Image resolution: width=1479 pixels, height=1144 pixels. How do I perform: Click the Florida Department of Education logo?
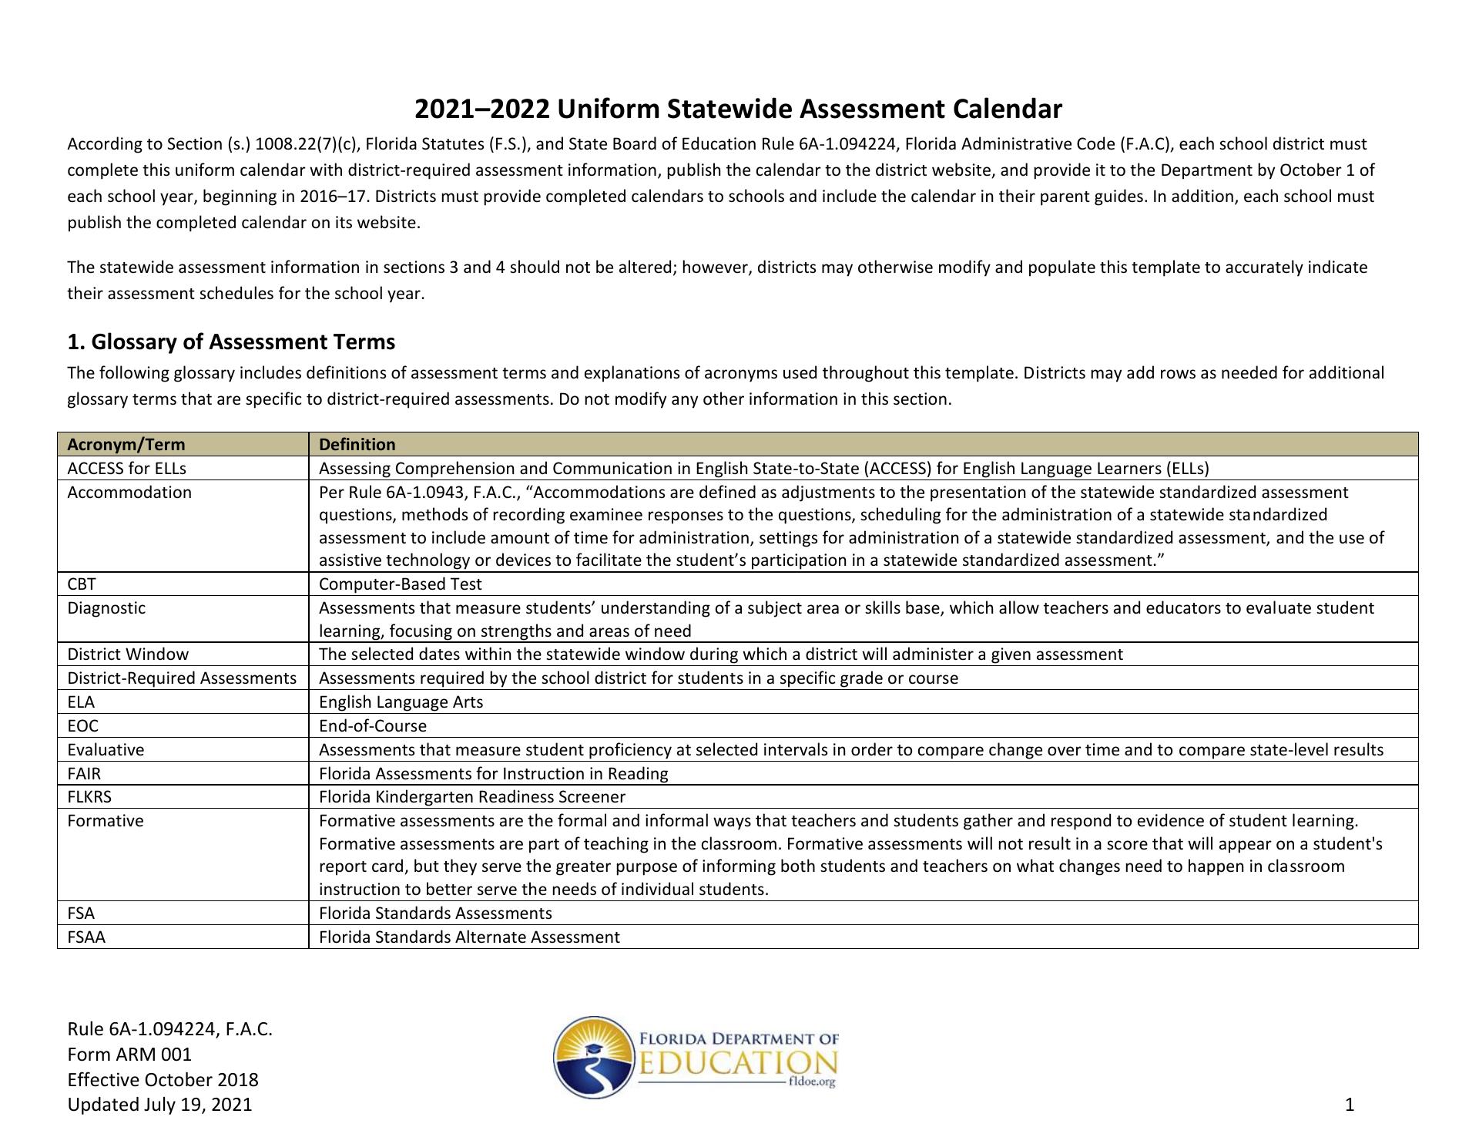(696, 1057)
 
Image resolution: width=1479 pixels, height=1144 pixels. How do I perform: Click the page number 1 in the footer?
(1349, 1105)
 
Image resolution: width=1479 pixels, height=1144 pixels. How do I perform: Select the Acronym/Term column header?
(126, 444)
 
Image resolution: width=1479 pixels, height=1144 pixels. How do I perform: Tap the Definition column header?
(357, 444)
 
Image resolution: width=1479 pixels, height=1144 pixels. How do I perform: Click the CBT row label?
(82, 584)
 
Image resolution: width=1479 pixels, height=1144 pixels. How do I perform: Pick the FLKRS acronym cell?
(89, 796)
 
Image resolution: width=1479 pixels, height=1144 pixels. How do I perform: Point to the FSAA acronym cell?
(86, 937)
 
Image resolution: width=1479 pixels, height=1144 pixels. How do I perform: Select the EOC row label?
(83, 725)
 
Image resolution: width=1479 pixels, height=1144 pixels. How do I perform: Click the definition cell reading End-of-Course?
(373, 725)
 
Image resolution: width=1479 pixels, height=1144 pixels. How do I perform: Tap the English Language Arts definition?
(401, 702)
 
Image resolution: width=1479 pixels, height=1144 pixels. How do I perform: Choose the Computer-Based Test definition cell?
(401, 584)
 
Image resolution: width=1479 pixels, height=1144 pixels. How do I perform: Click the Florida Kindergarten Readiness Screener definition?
(472, 796)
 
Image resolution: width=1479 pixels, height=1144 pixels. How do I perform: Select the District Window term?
(128, 654)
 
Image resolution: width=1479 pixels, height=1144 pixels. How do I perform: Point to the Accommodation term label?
(129, 492)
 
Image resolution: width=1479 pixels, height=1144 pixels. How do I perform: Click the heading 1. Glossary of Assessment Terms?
(231, 342)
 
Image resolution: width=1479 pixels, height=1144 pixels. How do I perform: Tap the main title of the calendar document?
(738, 109)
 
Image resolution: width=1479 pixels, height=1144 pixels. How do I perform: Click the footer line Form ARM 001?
(129, 1054)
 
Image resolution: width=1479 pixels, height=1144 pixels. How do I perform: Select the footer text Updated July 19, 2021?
(159, 1105)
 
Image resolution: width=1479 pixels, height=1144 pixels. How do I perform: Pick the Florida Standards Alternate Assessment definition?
(469, 937)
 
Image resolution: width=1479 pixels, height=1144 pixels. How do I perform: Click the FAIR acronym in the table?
(84, 773)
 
